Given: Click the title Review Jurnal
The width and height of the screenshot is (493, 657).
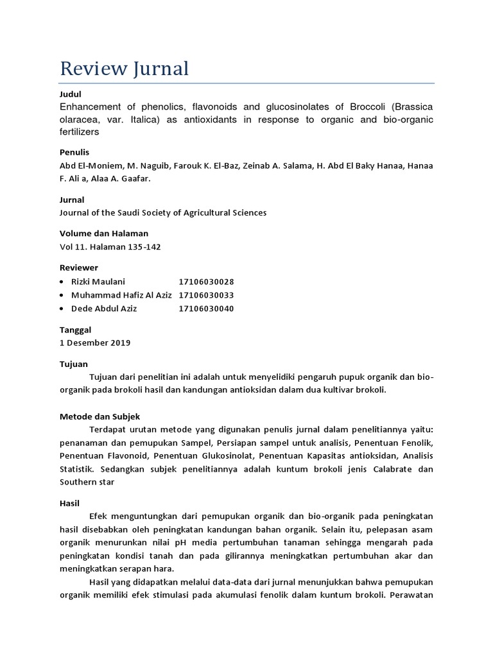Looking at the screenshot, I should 124,68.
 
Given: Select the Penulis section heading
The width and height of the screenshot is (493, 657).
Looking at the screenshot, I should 74,152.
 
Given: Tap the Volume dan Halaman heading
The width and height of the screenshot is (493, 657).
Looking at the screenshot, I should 103,234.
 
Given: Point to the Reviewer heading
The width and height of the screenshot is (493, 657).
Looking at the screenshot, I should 78,268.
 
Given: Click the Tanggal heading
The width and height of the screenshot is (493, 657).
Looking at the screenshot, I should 75,329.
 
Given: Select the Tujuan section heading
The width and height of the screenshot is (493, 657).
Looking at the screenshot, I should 73,364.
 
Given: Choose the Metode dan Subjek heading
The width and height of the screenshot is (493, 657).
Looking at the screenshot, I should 99,416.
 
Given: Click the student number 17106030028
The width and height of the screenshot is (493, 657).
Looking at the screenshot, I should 206,282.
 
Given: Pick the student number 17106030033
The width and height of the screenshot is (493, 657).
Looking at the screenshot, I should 206,295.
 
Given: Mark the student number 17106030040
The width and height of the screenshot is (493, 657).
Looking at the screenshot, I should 206,309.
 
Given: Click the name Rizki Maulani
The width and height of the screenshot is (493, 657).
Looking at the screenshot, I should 98,282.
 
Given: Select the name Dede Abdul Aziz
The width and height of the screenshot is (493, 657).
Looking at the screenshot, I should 104,309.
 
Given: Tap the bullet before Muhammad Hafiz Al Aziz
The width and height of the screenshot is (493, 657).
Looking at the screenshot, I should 61,296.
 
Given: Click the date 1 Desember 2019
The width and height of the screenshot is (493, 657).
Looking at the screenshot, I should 94,343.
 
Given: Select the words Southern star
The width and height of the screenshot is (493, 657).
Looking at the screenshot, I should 87,482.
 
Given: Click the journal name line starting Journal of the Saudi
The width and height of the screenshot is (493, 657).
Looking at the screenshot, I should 162,212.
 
